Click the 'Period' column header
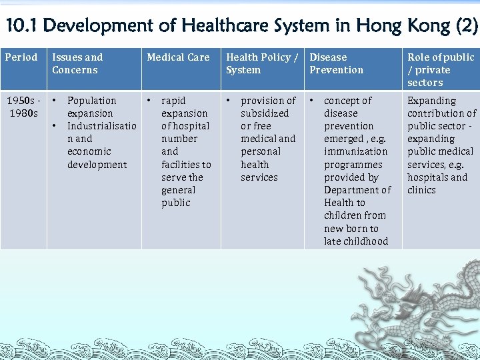pos(21,57)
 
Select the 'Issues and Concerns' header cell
pos(77,63)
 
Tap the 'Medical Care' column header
pos(178,57)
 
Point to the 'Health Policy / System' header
pos(262,63)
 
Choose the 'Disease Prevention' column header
pos(337,63)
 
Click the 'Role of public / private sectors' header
pos(441,70)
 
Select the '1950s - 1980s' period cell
pos(23,107)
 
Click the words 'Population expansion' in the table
pos(91,107)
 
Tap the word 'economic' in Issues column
pos(89,151)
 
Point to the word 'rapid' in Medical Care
pos(174,101)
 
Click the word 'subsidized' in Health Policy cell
pos(265,113)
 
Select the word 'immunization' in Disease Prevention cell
pos(355,151)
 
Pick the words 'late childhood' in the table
pos(356,241)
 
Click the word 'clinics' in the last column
pos(422,190)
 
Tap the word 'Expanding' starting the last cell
pos(432,101)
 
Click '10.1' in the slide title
pos(21,27)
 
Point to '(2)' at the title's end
pos(465,27)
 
